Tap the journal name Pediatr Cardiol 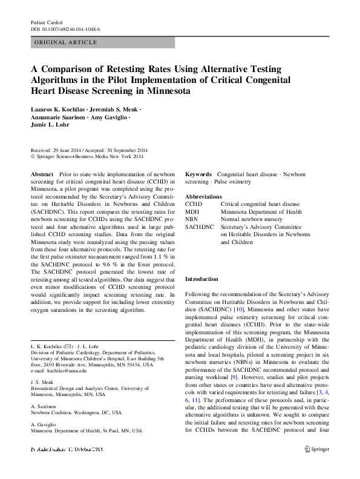47,22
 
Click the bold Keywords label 198,174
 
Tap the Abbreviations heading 203,197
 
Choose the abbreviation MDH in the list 192,212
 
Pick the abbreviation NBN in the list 191,219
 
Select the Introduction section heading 202,279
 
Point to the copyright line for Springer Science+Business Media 87,156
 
